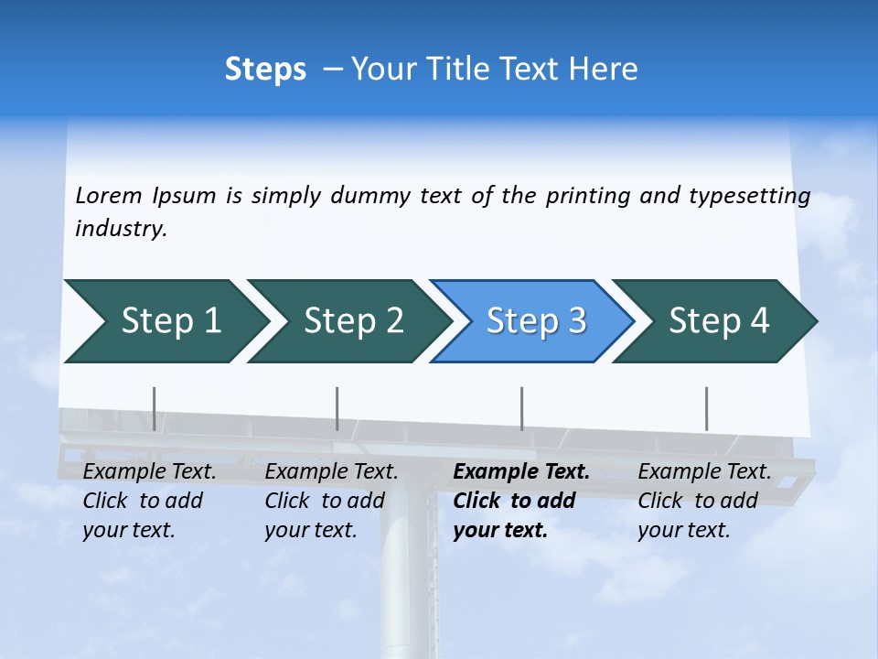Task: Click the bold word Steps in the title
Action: coord(265,70)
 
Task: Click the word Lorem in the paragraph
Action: coord(109,196)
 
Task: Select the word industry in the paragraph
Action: coord(120,229)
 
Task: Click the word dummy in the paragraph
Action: coord(369,196)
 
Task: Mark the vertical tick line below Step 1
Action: coord(154,408)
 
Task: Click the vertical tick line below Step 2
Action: coord(337,408)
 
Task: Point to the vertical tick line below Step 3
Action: coord(521,408)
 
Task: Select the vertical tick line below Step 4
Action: coord(706,408)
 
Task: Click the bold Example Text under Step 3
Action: coord(521,472)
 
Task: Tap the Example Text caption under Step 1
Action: coord(149,472)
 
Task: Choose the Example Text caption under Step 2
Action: coord(331,472)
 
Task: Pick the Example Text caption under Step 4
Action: coord(704,472)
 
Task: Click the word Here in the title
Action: coord(603,70)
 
